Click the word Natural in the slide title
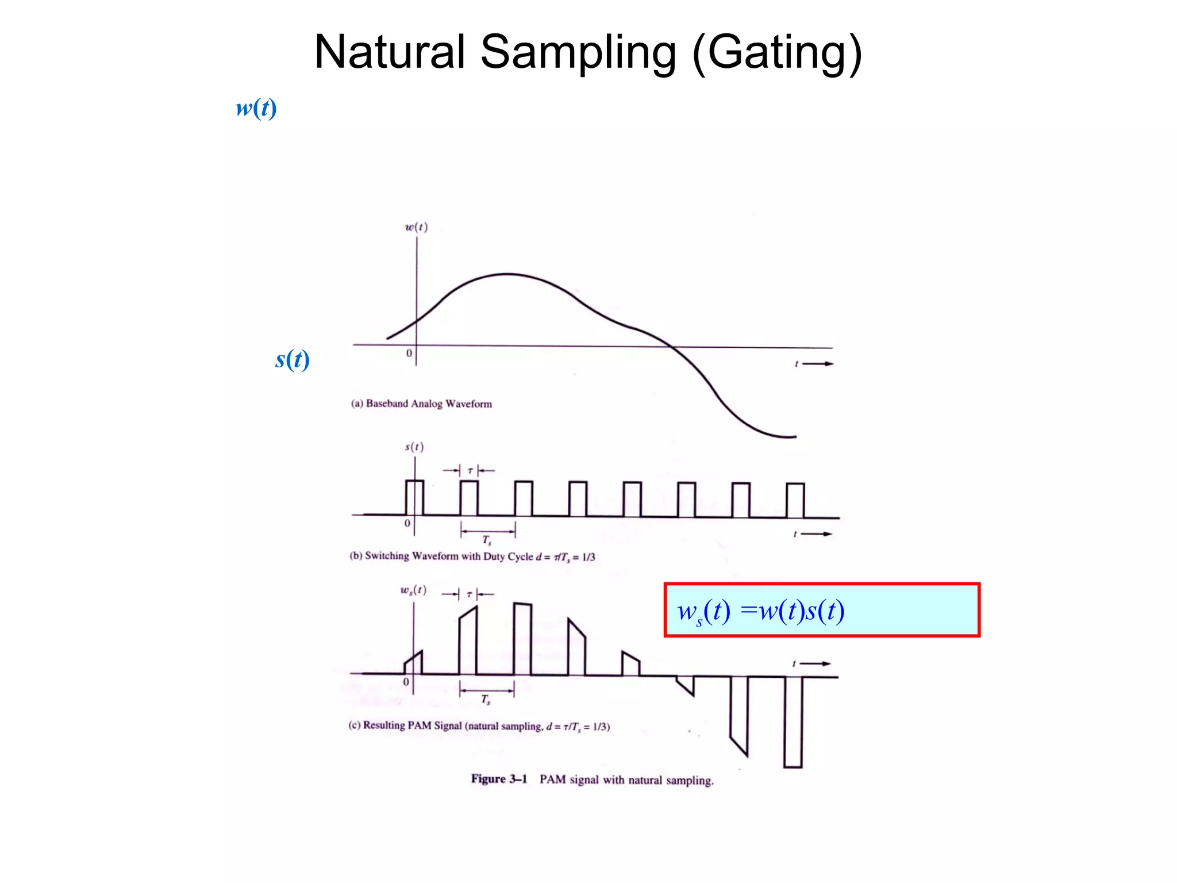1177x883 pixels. coord(389,52)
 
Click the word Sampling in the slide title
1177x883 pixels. coord(578,53)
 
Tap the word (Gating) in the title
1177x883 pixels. coord(777,53)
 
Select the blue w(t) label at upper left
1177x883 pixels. coord(256,108)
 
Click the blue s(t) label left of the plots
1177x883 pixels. coord(293,359)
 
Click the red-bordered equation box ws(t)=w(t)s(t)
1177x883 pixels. coord(821,610)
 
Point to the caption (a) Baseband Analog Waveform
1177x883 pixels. coord(421,404)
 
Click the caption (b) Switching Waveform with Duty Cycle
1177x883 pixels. coord(472,556)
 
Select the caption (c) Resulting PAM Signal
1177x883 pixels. coord(479,726)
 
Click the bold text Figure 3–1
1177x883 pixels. coord(499,779)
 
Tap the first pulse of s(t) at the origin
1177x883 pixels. coord(414,498)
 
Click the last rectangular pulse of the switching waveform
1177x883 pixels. coord(795,501)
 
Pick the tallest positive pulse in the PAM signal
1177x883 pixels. coord(522,638)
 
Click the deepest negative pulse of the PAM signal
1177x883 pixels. coord(793,721)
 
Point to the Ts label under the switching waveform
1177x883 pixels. coord(487,540)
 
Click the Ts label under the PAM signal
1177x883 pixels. coord(486,699)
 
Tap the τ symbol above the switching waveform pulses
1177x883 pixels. coord(470,471)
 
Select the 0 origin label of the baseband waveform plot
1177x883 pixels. coord(409,353)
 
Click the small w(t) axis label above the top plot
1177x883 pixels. coord(416,227)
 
